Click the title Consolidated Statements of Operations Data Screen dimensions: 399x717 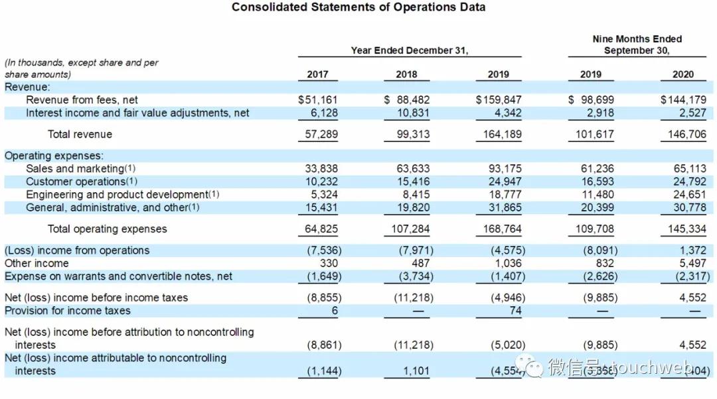pyautogui.click(x=358, y=7)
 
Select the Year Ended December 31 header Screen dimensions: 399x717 pyautogui.click(x=410, y=50)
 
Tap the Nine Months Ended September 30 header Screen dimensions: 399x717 pyautogui.click(x=637, y=45)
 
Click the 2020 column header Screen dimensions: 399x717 pyautogui.click(x=682, y=74)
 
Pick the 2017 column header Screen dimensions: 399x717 pyautogui.click(x=317, y=74)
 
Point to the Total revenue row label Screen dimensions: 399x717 pyautogui.click(x=80, y=135)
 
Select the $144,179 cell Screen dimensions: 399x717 pyautogui.click(x=683, y=100)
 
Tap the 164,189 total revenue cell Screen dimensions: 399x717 pyautogui.click(x=499, y=135)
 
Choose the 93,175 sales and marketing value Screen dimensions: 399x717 pyautogui.click(x=505, y=168)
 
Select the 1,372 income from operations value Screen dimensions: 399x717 pyautogui.click(x=692, y=251)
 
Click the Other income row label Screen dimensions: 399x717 pyautogui.click(x=37, y=263)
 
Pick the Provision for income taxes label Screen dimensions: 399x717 pyautogui.click(x=68, y=311)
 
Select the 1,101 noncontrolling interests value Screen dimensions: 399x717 pyautogui.click(x=416, y=371)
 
